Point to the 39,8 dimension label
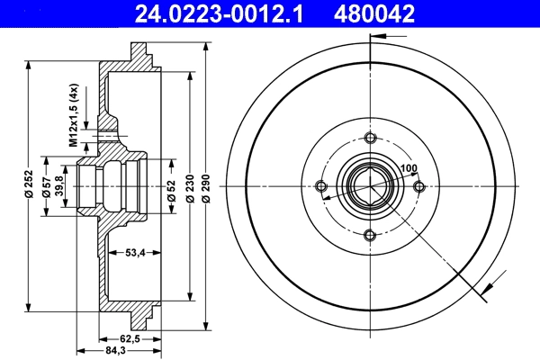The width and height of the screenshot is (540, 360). pos(60,186)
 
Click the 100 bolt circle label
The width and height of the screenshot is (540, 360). pos(409,168)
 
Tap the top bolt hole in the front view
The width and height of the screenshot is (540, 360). pos(369,138)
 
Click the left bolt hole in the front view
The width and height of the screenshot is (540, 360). pos(320,186)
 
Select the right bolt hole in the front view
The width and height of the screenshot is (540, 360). pos(418,186)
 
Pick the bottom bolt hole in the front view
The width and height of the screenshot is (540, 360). pos(369,235)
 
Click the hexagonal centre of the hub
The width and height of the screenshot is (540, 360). pos(369,186)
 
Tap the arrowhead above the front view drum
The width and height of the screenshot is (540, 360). pos(375,37)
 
